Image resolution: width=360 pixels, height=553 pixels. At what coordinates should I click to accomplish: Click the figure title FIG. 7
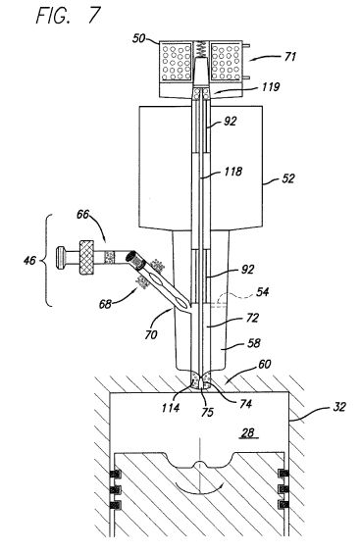[x=68, y=16]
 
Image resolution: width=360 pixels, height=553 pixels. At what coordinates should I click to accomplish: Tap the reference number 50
[x=139, y=38]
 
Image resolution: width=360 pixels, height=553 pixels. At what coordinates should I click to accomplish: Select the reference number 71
[x=289, y=57]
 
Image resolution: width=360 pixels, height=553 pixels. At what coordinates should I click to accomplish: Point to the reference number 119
[x=271, y=86]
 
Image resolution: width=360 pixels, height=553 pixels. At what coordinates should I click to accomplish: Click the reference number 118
[x=233, y=172]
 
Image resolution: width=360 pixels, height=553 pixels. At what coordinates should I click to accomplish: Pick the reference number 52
[x=288, y=178]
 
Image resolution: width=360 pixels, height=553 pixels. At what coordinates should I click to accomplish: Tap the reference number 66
[x=83, y=214]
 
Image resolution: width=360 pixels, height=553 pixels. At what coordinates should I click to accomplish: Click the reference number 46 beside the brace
[x=29, y=260]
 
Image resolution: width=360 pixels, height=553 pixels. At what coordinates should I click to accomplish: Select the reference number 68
[x=105, y=304]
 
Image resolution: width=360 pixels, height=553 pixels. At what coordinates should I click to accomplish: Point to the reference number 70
[x=151, y=334]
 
